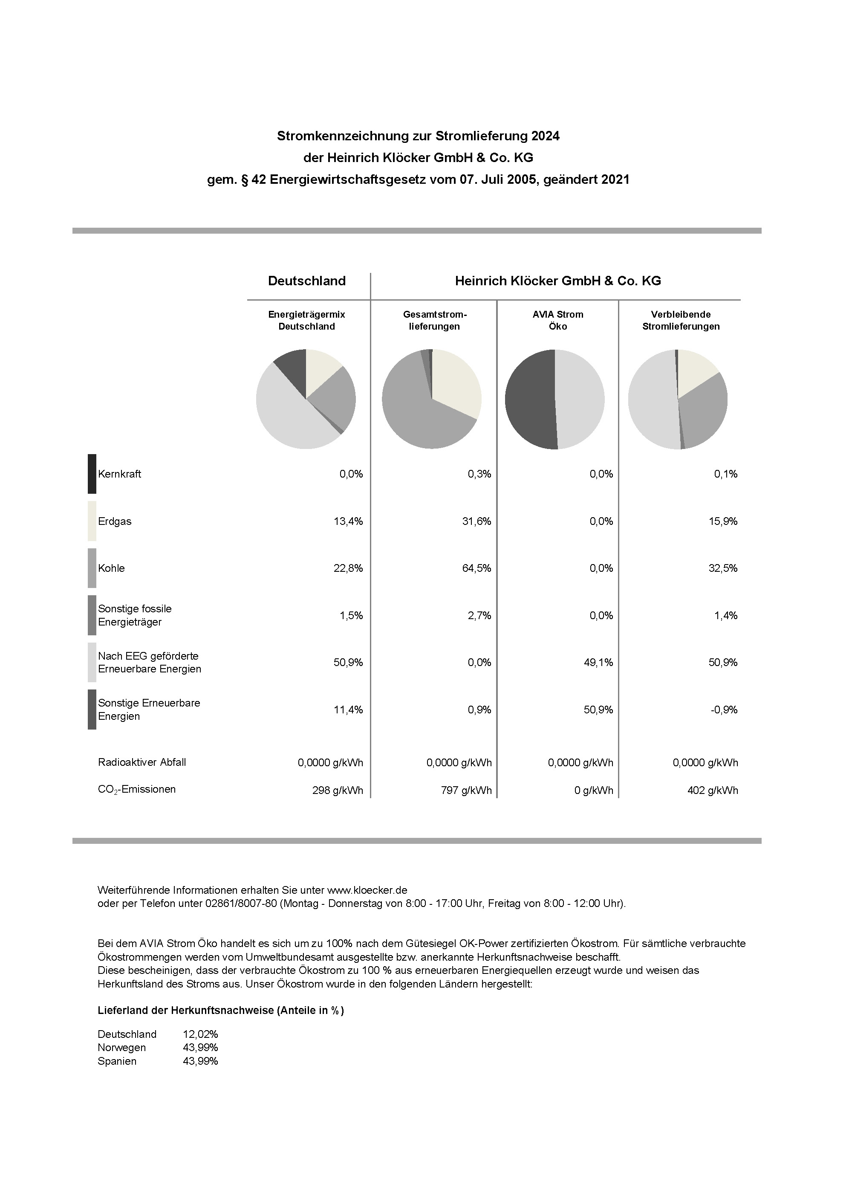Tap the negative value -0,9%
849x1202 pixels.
(x=725, y=710)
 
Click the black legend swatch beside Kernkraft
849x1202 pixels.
(x=92, y=474)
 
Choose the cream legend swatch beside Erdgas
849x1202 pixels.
(x=92, y=521)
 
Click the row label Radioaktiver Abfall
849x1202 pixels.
(x=142, y=762)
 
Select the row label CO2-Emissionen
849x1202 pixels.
(x=137, y=790)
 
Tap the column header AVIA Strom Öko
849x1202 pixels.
(x=557, y=320)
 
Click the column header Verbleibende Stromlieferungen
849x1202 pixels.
(x=681, y=320)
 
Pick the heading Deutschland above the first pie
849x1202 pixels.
(x=307, y=281)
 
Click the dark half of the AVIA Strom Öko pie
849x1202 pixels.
(x=528, y=399)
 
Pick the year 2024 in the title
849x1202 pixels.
(x=546, y=136)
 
